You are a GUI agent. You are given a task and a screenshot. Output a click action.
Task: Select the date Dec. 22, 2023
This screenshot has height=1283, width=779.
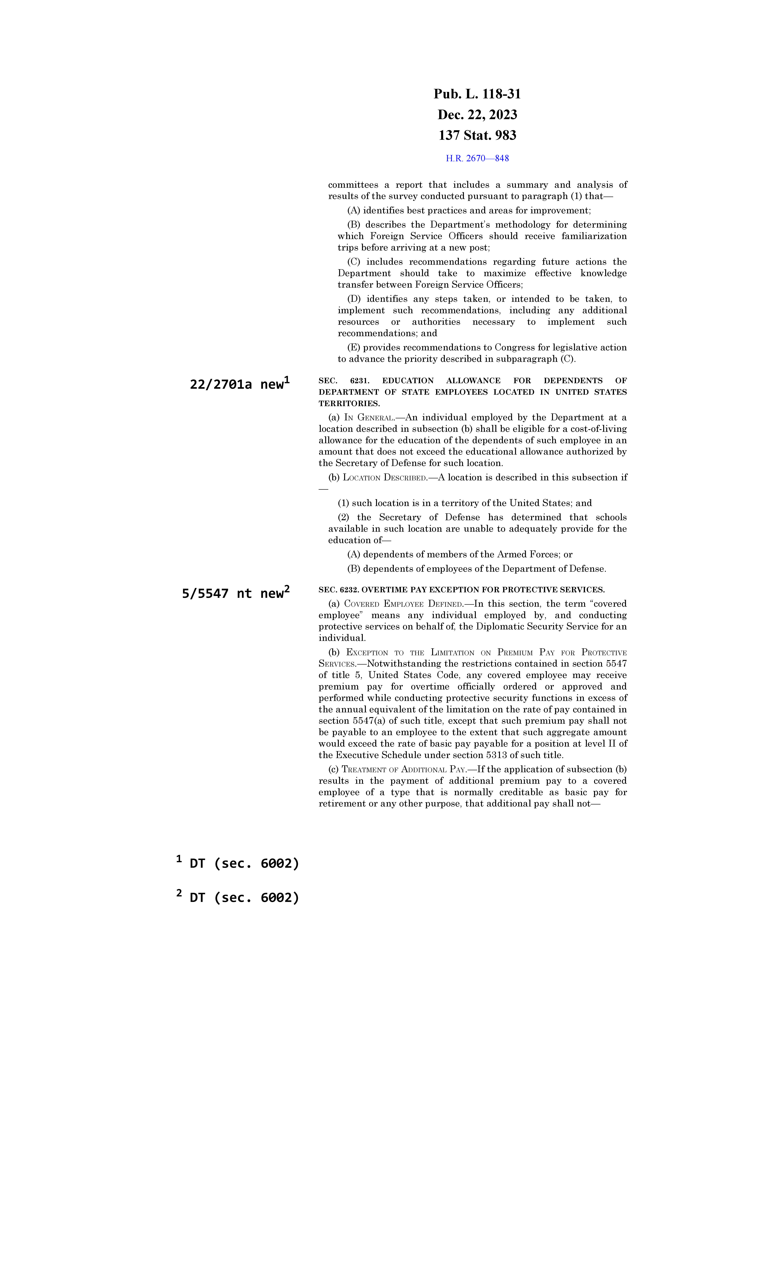click(477, 115)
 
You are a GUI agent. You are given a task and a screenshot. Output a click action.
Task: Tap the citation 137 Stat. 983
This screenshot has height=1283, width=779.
click(477, 135)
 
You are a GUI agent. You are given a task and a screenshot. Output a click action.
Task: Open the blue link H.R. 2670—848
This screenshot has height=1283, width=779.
click(477, 158)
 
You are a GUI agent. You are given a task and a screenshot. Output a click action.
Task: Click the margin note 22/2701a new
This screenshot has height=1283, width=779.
click(237, 384)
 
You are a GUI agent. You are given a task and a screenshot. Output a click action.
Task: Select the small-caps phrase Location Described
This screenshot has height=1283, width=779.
click(384, 477)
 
